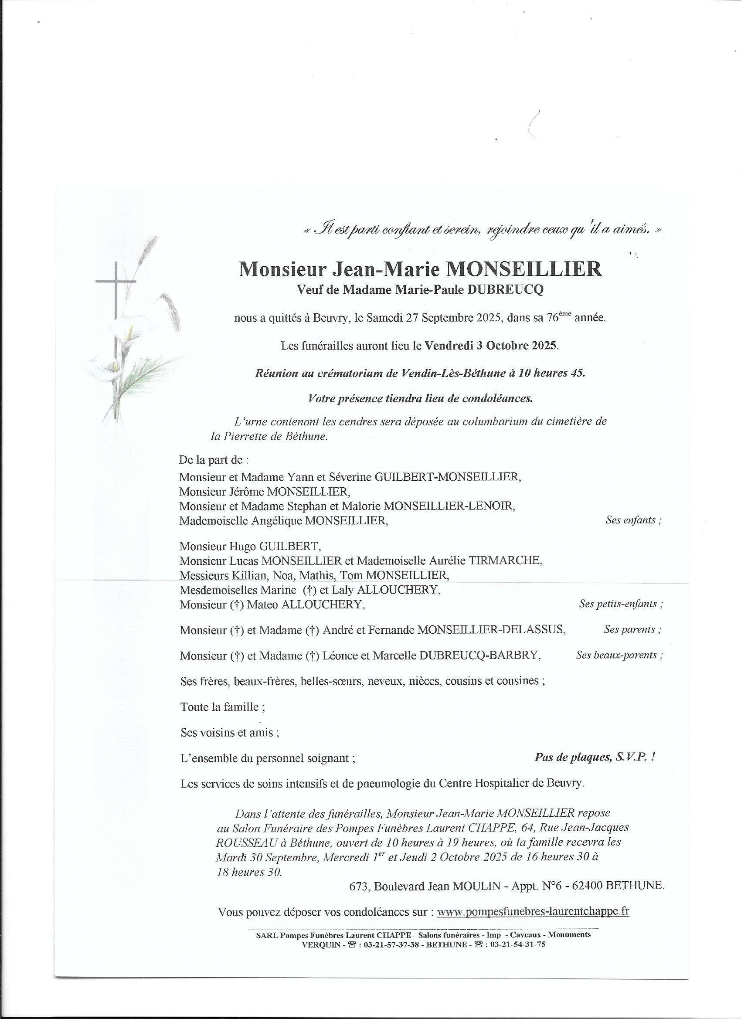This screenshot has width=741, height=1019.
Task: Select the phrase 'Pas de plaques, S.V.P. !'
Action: (x=595, y=757)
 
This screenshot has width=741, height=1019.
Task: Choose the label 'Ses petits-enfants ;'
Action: (x=621, y=604)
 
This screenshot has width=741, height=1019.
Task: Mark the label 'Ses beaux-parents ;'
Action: (x=619, y=655)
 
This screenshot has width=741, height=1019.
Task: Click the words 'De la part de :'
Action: (x=214, y=460)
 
